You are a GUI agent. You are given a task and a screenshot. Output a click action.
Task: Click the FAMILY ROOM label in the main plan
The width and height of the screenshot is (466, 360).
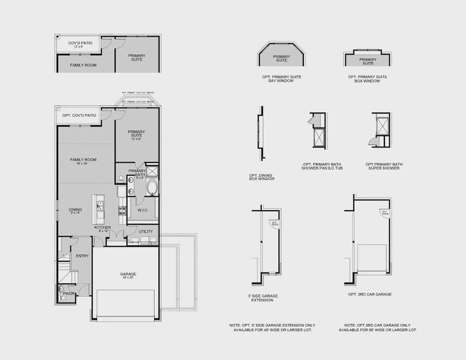(83, 160)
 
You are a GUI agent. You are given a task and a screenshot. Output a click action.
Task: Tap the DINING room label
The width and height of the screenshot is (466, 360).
(75, 210)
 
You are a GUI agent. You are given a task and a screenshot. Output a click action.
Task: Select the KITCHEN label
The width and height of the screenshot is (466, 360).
(102, 228)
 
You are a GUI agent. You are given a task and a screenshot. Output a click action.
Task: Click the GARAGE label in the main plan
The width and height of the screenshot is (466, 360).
(128, 274)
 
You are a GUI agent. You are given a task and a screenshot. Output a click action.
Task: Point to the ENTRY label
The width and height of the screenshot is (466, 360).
(82, 256)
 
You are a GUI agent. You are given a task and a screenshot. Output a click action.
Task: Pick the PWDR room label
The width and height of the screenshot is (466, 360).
(69, 293)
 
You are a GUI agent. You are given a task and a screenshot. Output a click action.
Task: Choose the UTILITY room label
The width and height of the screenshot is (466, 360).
(145, 231)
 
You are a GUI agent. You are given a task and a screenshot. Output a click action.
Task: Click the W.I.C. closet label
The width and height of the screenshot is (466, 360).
(143, 210)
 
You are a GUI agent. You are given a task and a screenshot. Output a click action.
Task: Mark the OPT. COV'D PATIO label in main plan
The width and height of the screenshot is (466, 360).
(79, 115)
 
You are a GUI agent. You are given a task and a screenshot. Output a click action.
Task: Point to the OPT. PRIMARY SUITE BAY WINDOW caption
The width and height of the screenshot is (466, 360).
(281, 79)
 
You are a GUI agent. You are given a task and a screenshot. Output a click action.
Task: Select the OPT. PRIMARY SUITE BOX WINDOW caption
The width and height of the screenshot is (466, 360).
(368, 79)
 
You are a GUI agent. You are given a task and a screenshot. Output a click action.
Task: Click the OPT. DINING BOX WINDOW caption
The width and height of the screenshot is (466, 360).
(261, 178)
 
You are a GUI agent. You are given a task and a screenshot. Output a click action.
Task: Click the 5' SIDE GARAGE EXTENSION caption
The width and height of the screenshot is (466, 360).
(262, 298)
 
